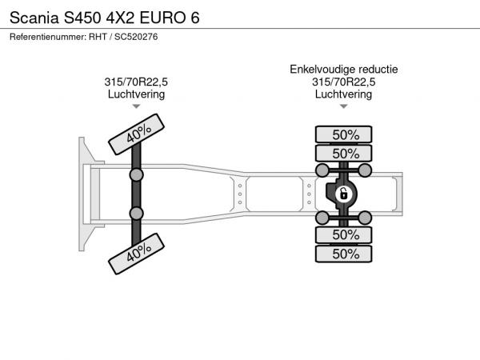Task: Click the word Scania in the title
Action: pos(34,18)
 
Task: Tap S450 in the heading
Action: pos(82,18)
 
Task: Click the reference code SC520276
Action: pos(136,37)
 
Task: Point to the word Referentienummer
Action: pos(48,37)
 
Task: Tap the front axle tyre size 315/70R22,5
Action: pos(136,82)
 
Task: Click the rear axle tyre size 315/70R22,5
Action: pos(344,82)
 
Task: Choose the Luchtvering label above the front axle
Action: pos(136,94)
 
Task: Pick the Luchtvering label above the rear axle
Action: pos(344,94)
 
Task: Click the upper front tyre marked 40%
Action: pos(137,134)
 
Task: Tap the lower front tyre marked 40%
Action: pos(137,254)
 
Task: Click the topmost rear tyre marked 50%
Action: pos(344,134)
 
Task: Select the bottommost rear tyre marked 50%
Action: pos(344,254)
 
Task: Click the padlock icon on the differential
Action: pos(343,194)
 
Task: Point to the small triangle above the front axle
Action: pos(136,106)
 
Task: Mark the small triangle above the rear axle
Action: pos(344,106)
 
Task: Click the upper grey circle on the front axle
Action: pos(136,175)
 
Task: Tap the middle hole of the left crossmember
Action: pos(240,194)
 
